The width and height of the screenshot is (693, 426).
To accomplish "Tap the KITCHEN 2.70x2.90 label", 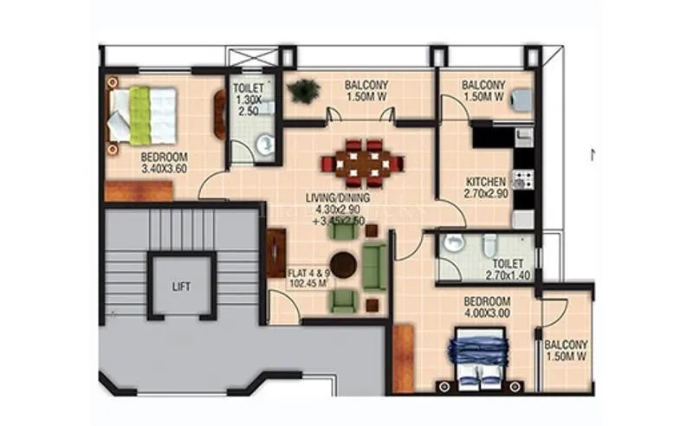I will tap(485, 188).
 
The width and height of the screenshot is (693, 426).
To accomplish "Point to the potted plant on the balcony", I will tap(304, 89).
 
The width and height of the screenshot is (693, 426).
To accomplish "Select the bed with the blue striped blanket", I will tap(478, 358).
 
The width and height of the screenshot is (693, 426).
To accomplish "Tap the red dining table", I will tap(362, 163).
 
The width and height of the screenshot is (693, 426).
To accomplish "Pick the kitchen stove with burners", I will tap(521, 180).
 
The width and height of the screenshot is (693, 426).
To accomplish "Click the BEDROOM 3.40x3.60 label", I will tap(165, 163).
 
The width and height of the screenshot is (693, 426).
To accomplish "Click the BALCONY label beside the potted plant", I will tap(366, 91).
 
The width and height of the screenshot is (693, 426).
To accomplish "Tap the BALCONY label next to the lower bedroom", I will tap(567, 349).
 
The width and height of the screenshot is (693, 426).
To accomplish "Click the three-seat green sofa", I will tap(374, 266).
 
